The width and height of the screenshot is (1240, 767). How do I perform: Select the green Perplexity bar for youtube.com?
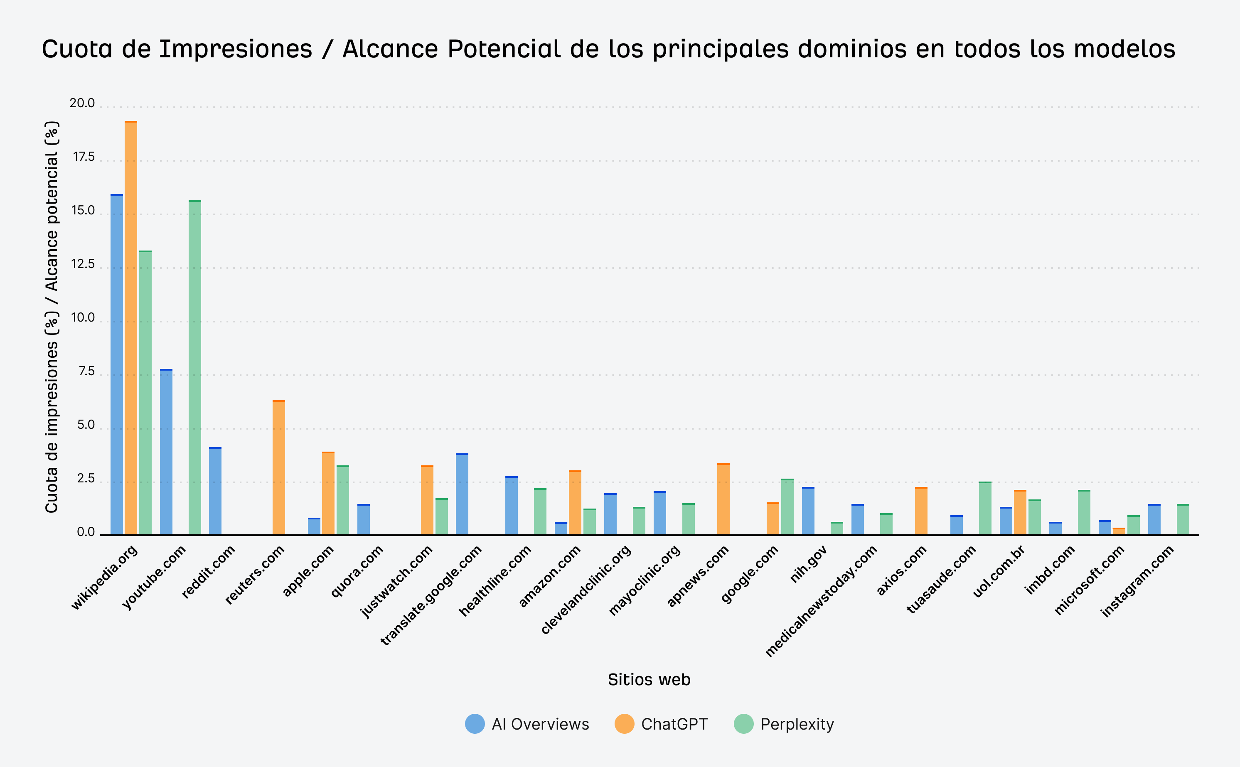[195, 367]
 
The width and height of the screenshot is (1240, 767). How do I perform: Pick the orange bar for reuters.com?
[278, 467]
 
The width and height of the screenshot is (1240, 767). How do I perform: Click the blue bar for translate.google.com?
[462, 494]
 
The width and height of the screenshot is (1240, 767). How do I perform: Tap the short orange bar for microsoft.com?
[1119, 531]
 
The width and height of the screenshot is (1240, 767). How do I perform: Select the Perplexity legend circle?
[744, 724]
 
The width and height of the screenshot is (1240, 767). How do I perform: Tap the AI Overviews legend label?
[540, 724]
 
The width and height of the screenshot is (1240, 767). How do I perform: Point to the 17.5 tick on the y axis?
[84, 157]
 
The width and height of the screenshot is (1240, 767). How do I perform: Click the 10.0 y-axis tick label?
[83, 317]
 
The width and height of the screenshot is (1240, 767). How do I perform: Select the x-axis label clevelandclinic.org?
[586, 590]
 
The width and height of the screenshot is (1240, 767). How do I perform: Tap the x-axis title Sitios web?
[649, 680]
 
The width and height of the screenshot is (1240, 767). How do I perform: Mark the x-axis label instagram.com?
[1137, 581]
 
